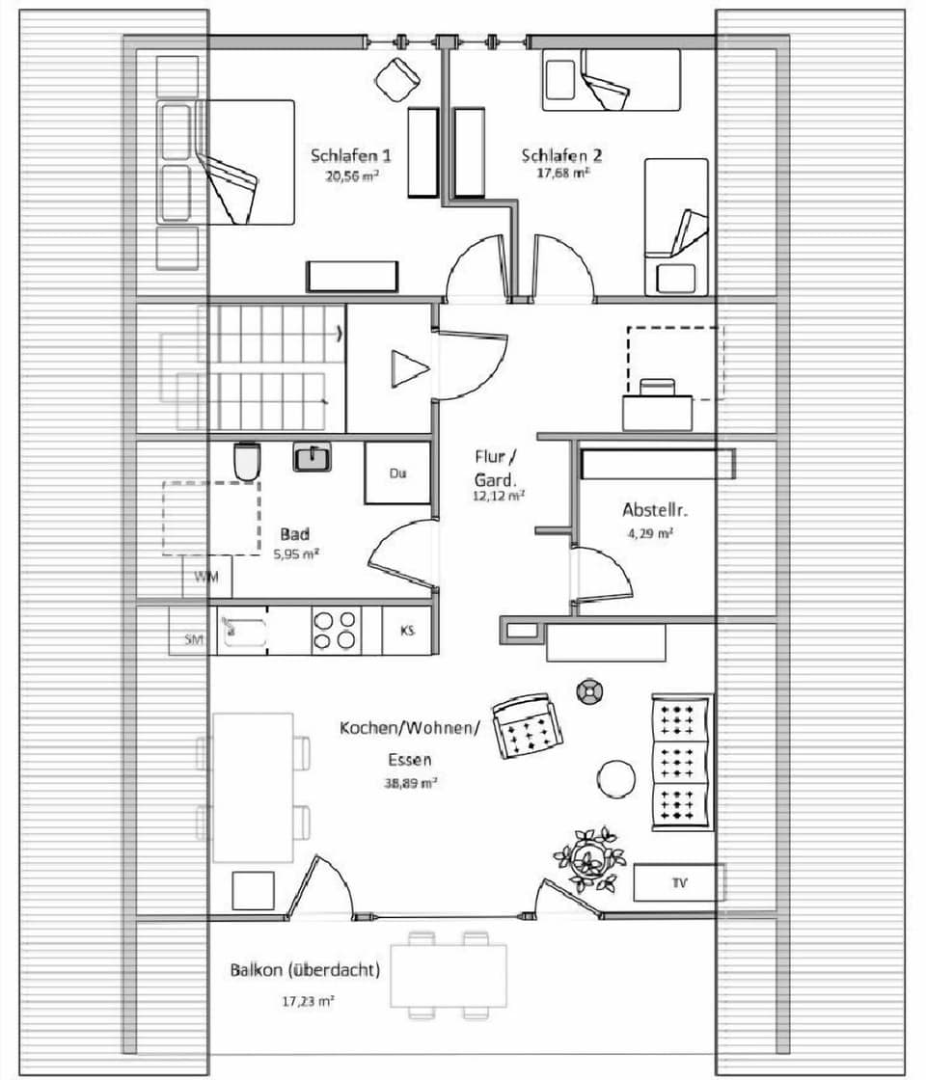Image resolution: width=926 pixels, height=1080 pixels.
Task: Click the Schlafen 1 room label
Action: [x=351, y=155]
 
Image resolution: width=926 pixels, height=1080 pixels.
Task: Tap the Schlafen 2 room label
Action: [x=562, y=155]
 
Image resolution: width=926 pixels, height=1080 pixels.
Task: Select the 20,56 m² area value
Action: [x=351, y=176]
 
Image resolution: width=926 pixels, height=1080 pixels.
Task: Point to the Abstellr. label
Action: [x=654, y=510]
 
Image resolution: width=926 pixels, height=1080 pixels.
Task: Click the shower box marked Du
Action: [x=397, y=473]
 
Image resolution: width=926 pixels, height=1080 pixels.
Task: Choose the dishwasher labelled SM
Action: [x=193, y=639]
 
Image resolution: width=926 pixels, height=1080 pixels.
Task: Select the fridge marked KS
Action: [x=408, y=631]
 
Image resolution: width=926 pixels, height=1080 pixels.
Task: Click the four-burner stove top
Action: [x=336, y=631]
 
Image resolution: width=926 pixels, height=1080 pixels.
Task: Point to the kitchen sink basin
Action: [x=243, y=633]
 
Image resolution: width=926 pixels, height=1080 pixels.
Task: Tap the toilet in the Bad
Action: [x=247, y=461]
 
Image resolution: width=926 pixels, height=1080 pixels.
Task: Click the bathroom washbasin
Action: [x=312, y=456]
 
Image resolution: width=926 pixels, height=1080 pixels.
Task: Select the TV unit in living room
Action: [x=679, y=882]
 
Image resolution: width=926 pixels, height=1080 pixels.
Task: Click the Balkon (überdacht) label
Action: [x=304, y=970]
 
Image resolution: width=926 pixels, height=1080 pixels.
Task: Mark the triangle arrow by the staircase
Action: [x=409, y=368]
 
